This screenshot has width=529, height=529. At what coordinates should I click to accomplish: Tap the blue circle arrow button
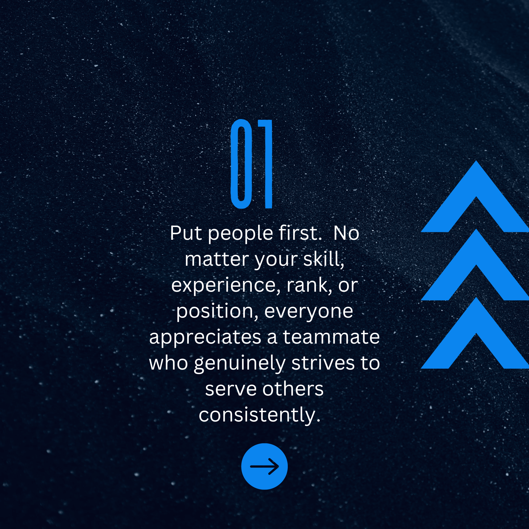(x=264, y=466)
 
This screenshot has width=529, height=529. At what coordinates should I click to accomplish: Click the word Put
(x=186, y=233)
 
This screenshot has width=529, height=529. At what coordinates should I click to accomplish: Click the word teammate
(x=331, y=337)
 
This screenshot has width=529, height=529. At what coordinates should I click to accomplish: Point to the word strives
(x=323, y=363)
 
